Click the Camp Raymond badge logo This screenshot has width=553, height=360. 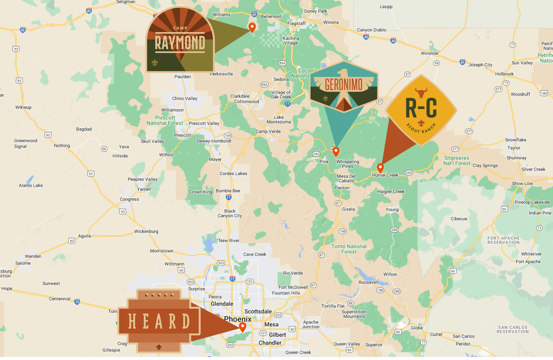pyautogui.click(x=180, y=41)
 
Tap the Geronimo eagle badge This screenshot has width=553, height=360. pyautogui.click(x=344, y=87)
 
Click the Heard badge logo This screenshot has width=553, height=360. pyautogui.click(x=159, y=321)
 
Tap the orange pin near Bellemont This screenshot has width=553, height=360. pyautogui.click(x=252, y=27)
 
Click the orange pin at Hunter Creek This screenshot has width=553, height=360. pyautogui.click(x=380, y=168)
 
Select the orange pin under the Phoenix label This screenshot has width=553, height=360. pyautogui.click(x=242, y=327)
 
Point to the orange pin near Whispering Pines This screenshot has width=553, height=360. pyautogui.click(x=336, y=151)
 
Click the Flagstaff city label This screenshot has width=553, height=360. pyautogui.click(x=296, y=23)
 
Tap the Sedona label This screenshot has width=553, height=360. pyautogui.click(x=281, y=79)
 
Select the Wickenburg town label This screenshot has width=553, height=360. pyautogui.click(x=146, y=231)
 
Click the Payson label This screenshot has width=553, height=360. pyautogui.click(x=342, y=188)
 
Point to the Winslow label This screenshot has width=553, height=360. pyautogui.click(x=429, y=53)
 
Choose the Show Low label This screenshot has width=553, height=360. pyautogui.click(x=522, y=183)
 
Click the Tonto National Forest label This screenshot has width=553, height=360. pyautogui.click(x=349, y=249)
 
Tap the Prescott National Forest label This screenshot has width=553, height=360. pyautogui.click(x=165, y=120)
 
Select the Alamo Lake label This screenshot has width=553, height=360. pyautogui.click(x=31, y=185)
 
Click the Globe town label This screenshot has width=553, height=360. pyautogui.click(x=416, y=328)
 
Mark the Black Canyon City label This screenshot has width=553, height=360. pyautogui.click(x=230, y=213)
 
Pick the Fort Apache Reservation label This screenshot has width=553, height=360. pyautogui.click(x=504, y=240)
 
